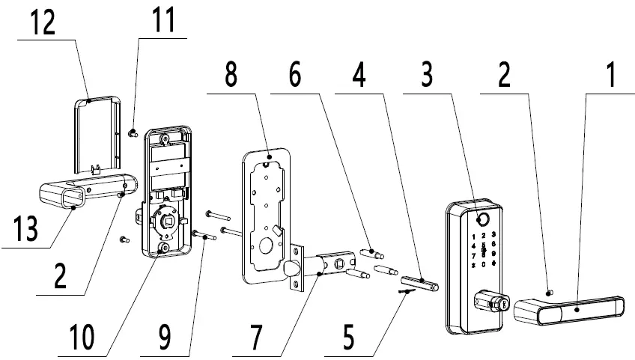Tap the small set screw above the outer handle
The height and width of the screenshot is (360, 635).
pos(550,291)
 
